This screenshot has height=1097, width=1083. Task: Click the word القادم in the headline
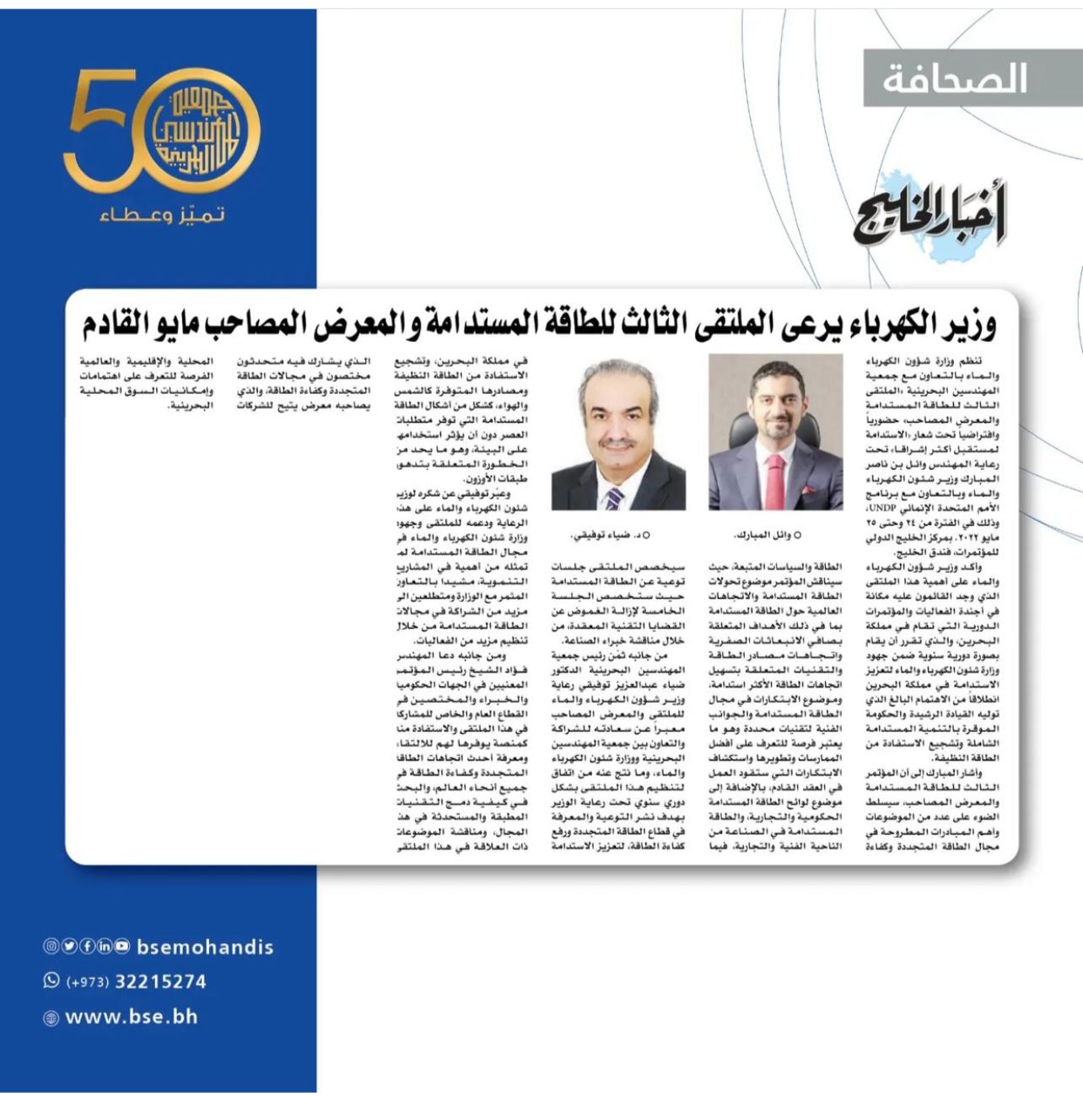tap(119, 323)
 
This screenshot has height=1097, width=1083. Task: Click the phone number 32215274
tap(160, 981)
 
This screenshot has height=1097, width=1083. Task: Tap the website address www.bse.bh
tap(132, 1017)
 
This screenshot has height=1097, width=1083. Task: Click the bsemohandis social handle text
tap(205, 947)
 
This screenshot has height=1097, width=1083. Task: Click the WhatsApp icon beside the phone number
tap(51, 981)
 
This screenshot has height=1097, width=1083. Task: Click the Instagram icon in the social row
tap(51, 947)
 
